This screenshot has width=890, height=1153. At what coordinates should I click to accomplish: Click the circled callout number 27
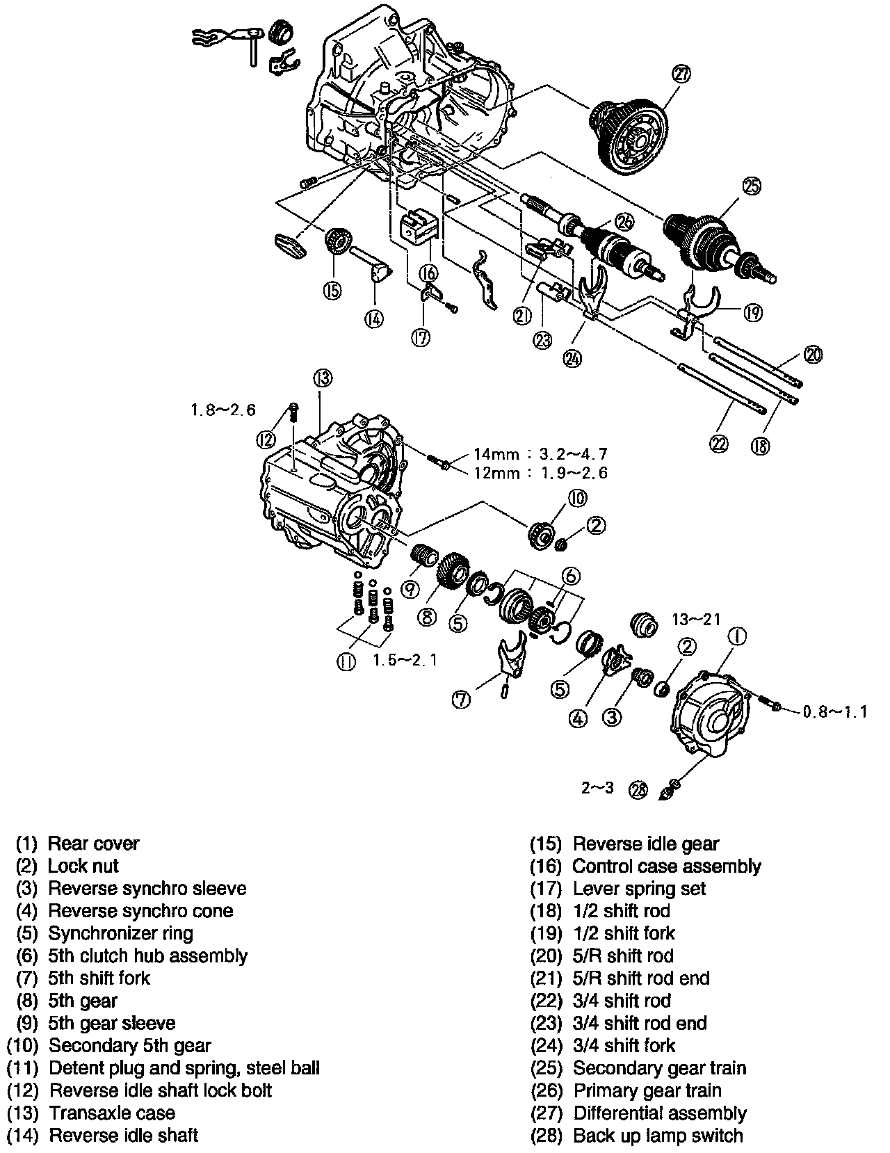[681, 73]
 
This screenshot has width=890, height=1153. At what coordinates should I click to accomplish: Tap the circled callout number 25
[751, 186]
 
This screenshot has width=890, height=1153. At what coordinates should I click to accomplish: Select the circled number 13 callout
[322, 378]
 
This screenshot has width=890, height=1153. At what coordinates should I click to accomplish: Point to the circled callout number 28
[637, 789]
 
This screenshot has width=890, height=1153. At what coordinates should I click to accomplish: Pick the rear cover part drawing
[706, 716]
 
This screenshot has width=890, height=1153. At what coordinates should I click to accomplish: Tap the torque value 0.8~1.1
[834, 711]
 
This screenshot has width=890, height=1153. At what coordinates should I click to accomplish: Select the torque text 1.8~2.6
[223, 410]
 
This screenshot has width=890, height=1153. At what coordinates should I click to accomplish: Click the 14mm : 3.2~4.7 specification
[540, 454]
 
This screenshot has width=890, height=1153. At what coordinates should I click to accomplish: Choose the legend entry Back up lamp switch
[658, 1136]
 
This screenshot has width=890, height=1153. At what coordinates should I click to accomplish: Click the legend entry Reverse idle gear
[646, 844]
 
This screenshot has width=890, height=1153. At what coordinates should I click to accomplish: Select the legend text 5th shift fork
[99, 978]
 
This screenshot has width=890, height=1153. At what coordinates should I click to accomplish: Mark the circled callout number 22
[720, 444]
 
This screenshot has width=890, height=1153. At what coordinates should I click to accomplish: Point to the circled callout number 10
[577, 498]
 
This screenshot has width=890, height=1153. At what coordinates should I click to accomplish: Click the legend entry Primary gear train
[647, 1090]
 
